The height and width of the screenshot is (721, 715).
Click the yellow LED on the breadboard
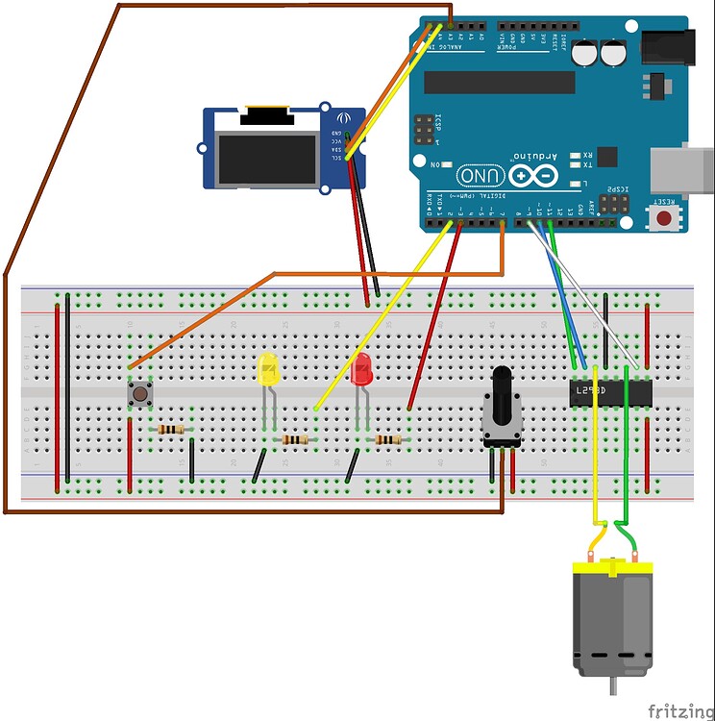[268, 371]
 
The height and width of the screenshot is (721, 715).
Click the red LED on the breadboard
[361, 371]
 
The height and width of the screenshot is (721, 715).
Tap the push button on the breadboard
[141, 393]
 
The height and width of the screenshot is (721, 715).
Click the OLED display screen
[268, 159]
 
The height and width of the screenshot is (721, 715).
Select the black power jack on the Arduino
[665, 47]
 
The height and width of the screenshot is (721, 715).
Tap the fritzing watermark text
[680, 710]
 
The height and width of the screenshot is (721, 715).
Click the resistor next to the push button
[171, 430]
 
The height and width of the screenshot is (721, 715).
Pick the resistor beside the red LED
[388, 439]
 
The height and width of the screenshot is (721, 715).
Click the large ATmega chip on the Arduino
[500, 83]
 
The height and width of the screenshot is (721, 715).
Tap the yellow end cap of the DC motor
[613, 568]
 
